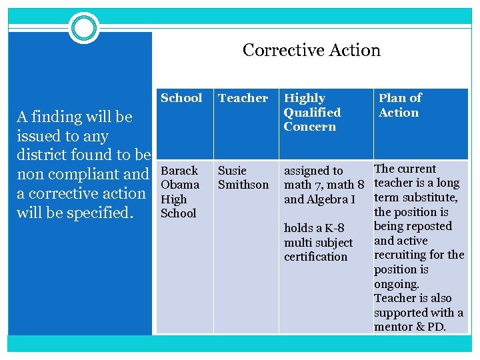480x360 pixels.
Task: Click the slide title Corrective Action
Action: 311,50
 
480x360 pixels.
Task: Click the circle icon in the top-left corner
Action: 84,28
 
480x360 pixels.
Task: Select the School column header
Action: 181,98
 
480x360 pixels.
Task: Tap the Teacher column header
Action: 243,98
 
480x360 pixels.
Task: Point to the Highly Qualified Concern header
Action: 312,112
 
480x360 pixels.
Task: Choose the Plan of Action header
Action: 399,105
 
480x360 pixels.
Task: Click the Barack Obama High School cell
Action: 180,191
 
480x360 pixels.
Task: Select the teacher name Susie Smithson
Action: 243,177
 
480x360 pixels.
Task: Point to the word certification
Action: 315,257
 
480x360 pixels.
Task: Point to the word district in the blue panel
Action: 41,155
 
